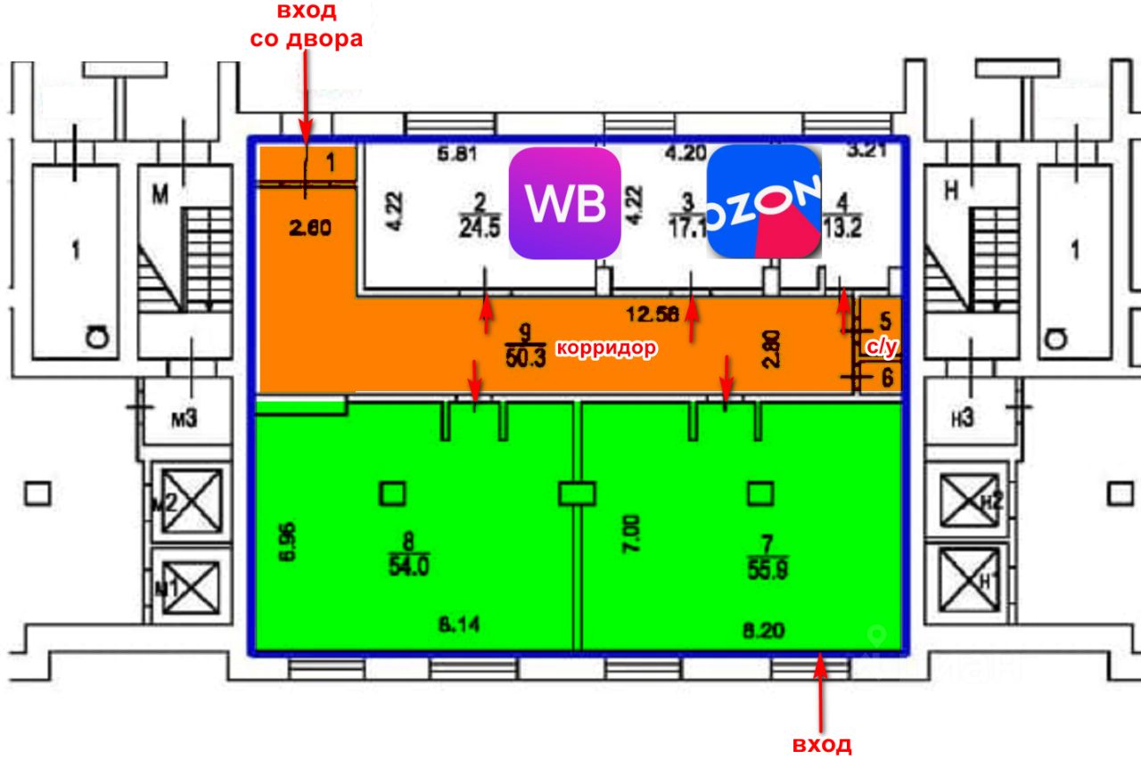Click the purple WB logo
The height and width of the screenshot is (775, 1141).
[x=564, y=203]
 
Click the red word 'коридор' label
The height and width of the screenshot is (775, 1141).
[x=607, y=348]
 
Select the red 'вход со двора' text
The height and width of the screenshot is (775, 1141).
[x=306, y=26]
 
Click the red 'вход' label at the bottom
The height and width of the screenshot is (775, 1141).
[x=821, y=745]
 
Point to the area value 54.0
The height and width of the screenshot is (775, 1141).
[x=408, y=566]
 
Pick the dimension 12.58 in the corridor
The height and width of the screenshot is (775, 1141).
[x=653, y=313]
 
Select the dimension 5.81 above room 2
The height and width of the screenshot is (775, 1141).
[x=456, y=154]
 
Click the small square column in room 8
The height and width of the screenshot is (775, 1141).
[x=392, y=493]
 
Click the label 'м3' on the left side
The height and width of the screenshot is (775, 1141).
[x=184, y=418]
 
